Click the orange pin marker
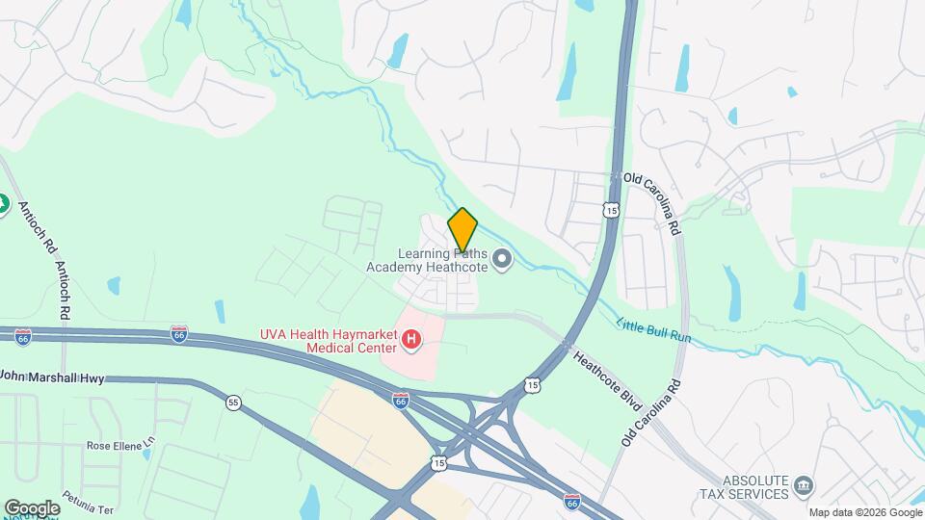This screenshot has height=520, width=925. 462,229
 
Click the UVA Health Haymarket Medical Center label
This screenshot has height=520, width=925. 328,340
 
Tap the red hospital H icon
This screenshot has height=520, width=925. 411,339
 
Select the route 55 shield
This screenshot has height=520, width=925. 233,402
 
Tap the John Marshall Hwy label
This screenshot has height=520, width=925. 53,378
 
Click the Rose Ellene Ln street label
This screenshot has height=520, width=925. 120,446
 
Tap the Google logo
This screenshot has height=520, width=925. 32,507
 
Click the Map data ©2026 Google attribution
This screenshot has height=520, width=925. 864,512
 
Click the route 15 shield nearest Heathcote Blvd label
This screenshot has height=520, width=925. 533,384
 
